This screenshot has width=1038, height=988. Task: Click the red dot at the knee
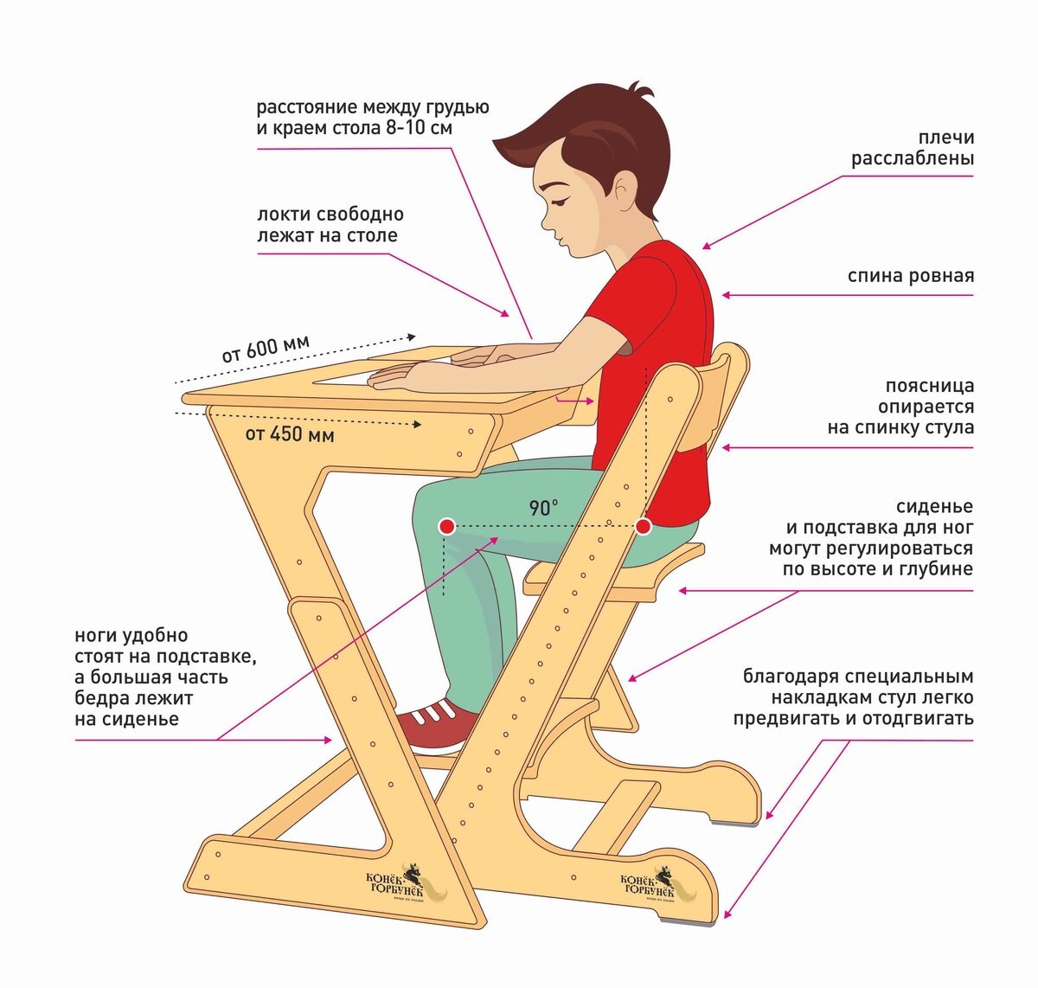point(446,526)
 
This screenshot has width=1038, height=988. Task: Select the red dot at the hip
point(643,526)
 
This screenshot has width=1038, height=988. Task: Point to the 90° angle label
point(543,508)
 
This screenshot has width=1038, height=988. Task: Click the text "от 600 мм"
point(265,349)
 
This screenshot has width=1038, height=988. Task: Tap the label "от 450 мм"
point(290,433)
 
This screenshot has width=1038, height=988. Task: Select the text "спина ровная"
point(910,276)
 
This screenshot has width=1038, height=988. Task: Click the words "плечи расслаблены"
point(913,148)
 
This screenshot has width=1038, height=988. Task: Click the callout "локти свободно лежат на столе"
point(330,224)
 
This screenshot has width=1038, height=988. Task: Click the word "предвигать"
point(778,718)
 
